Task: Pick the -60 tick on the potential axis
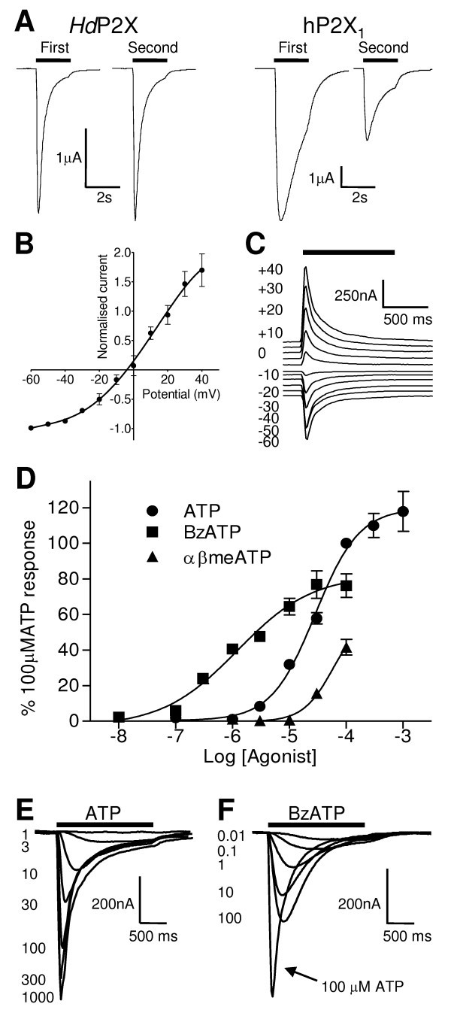pos(32,378)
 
